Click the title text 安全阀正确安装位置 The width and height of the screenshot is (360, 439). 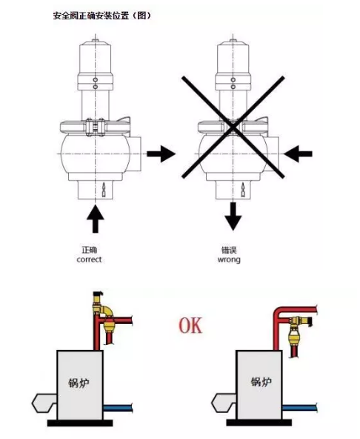(91, 16)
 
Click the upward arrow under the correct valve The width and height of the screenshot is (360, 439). (96, 218)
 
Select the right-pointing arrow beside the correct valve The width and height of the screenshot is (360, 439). (161, 154)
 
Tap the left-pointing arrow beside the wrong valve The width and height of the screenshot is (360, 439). (298, 154)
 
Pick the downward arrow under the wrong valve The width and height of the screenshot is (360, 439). (233, 216)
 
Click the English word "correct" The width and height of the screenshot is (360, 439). (89, 260)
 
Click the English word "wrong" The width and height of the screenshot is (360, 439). (229, 260)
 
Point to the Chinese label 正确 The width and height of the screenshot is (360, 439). (89, 249)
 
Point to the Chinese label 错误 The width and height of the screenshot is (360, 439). (229, 249)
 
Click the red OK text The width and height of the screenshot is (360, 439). (190, 326)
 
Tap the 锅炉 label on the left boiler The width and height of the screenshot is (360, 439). (79, 383)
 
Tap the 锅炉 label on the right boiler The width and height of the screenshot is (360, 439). (261, 382)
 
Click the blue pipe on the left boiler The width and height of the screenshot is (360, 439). (118, 408)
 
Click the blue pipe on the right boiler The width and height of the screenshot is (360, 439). (299, 407)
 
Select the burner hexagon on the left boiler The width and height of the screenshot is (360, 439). (44, 403)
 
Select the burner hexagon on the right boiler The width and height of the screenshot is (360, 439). (224, 403)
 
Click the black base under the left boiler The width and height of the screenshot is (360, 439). (80, 423)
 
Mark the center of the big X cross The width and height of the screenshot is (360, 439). (233, 128)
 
